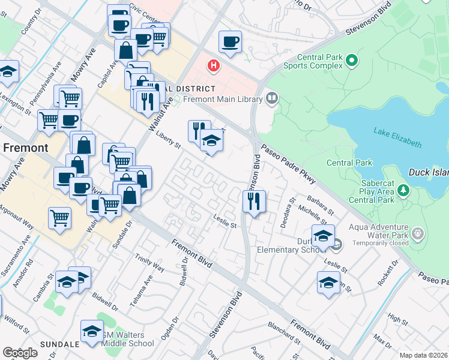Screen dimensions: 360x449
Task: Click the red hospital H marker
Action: click(x=213, y=65)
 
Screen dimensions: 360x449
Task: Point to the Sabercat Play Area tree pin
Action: click(x=403, y=191)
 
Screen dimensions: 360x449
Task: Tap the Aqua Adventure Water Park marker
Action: click(x=418, y=233)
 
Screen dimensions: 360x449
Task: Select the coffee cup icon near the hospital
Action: click(x=231, y=41)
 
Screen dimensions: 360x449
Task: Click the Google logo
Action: click(x=20, y=353)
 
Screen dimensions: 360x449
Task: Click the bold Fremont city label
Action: click(x=26, y=148)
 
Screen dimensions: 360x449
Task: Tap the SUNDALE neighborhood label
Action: click(x=60, y=344)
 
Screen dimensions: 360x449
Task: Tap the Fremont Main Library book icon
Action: click(x=272, y=97)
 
